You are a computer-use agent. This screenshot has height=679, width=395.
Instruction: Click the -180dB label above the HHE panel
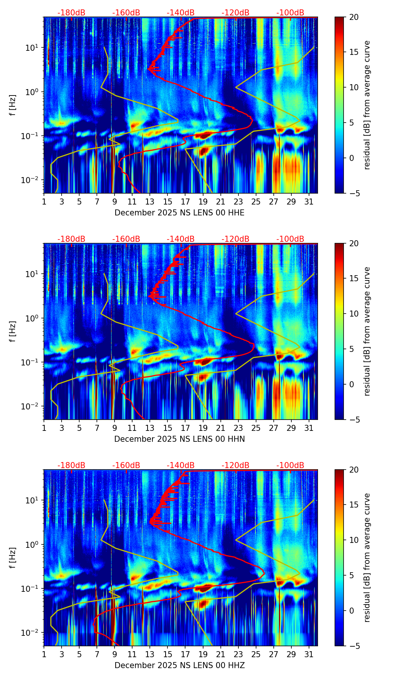tap(71, 13)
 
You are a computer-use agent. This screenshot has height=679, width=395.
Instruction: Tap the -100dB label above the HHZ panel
tap(290, 465)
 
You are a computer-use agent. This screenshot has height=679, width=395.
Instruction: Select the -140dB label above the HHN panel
tap(181, 239)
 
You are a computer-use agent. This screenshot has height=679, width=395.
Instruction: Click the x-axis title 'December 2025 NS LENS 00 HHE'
tap(179, 213)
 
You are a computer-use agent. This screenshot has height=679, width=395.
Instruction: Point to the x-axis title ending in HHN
tap(179, 439)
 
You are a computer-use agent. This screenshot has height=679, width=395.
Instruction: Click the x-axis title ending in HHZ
tap(179, 665)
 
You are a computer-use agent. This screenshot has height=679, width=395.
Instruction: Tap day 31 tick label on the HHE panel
tap(309, 202)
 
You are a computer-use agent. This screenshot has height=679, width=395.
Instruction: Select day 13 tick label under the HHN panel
tap(150, 428)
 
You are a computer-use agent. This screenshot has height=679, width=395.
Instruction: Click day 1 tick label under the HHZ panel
tap(44, 655)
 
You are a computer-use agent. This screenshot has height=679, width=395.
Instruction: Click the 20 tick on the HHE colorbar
tap(354, 17)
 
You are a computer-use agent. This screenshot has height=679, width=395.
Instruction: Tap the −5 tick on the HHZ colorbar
tap(354, 646)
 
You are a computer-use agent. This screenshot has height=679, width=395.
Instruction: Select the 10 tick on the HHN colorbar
tap(354, 314)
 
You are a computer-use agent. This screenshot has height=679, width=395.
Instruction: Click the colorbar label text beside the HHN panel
tap(367, 331)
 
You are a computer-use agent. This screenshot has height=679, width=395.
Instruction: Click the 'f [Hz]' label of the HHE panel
tap(13, 105)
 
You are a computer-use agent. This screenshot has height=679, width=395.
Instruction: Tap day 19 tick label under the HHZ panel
tap(203, 655)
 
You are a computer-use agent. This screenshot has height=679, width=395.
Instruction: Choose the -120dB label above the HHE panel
tap(235, 13)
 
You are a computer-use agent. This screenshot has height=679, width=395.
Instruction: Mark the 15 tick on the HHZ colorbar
tap(354, 505)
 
